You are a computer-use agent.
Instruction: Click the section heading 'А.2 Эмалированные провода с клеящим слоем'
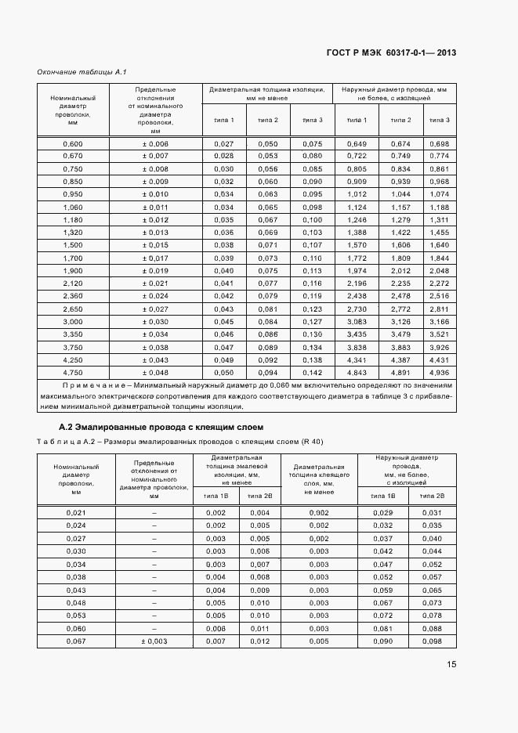[x=161, y=427]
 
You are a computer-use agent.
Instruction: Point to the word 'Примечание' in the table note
[x=96, y=385]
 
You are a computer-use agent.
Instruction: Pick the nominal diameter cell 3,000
[x=73, y=322]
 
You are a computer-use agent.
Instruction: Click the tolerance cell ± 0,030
[x=155, y=322]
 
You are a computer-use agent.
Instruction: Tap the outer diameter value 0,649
[x=357, y=144]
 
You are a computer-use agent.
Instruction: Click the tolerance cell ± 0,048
[x=155, y=373]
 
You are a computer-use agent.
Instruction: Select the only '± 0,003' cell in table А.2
[x=154, y=641]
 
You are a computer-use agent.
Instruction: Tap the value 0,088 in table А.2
[x=432, y=628]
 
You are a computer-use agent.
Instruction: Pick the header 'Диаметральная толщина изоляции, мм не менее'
[x=267, y=94]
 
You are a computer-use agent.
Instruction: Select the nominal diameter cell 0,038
[x=76, y=576]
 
